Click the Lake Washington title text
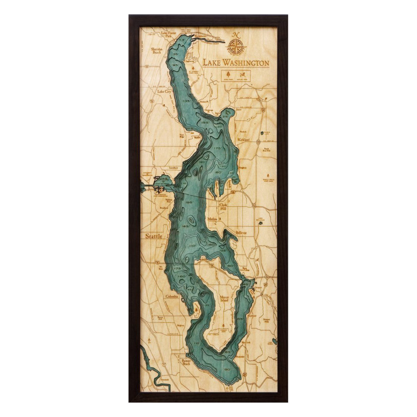tap(236, 63)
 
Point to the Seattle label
tap(153, 236)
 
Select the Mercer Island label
tap(224, 299)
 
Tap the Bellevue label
tap(241, 233)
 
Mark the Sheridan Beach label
tap(157, 50)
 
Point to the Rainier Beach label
tap(186, 362)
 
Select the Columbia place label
tap(172, 296)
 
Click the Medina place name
tap(213, 219)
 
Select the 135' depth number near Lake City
tap(187, 101)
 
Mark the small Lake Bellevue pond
tap(261, 223)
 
